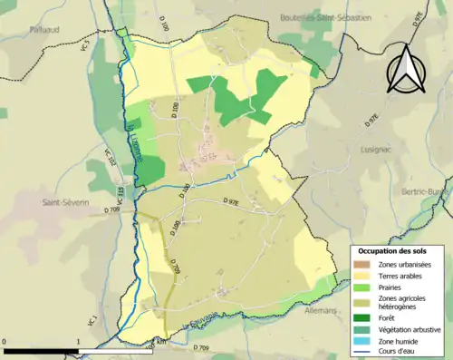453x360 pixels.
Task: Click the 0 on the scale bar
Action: tap(5, 342)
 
